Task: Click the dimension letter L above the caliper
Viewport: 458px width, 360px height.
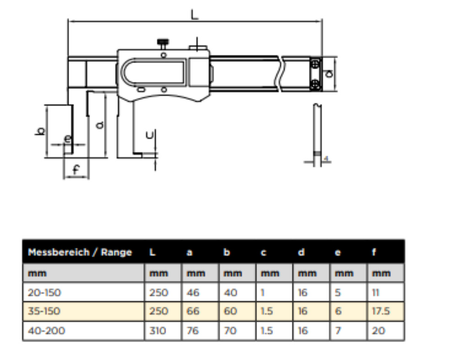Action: (x=194, y=15)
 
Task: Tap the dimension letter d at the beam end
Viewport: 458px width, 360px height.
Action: (x=329, y=74)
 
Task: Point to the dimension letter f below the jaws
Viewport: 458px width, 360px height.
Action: (x=76, y=169)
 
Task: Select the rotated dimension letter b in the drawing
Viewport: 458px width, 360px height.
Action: (x=41, y=131)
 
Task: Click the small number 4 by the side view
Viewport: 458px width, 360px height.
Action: (x=326, y=158)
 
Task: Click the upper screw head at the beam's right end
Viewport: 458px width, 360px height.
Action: (x=315, y=64)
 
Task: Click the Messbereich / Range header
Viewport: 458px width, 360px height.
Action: (x=80, y=252)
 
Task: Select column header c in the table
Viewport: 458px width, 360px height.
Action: (x=263, y=252)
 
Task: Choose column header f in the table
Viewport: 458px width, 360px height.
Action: (x=374, y=252)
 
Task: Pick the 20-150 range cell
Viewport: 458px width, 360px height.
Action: (x=44, y=293)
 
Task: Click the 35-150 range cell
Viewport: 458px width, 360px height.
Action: (x=44, y=311)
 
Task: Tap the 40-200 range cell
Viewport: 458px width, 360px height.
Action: (x=46, y=331)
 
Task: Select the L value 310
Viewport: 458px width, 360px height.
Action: (x=158, y=331)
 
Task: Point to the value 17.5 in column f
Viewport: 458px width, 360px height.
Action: (x=381, y=311)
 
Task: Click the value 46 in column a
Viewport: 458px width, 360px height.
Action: (x=193, y=293)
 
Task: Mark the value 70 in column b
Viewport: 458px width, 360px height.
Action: (x=230, y=331)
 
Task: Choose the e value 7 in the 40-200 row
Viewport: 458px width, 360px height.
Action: (x=338, y=331)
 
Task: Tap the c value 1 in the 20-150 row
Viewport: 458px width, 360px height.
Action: (x=262, y=293)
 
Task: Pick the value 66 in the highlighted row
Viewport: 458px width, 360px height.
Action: (x=193, y=311)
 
